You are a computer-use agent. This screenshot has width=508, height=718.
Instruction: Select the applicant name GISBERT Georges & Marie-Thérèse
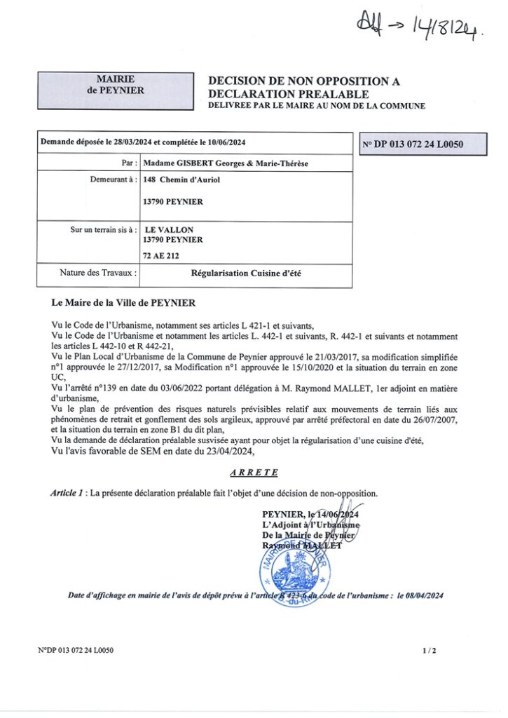[x=225, y=163]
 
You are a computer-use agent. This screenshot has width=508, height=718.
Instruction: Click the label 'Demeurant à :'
[x=113, y=179]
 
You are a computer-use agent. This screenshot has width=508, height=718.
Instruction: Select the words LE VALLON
[x=169, y=229]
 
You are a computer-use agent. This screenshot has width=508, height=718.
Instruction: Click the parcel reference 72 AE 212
[x=162, y=256]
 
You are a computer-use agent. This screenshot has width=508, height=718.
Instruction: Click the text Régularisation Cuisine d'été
[x=245, y=273]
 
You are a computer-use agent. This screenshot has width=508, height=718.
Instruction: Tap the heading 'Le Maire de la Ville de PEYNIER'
[x=124, y=303]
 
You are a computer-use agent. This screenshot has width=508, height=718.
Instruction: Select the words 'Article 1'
[x=67, y=493]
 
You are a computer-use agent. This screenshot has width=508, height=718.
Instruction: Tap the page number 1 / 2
[x=430, y=651]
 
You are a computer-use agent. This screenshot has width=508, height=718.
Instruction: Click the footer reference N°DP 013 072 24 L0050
[x=76, y=651]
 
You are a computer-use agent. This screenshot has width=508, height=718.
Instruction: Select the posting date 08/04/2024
[x=423, y=595]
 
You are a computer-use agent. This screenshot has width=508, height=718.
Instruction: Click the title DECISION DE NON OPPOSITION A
[x=304, y=82]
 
